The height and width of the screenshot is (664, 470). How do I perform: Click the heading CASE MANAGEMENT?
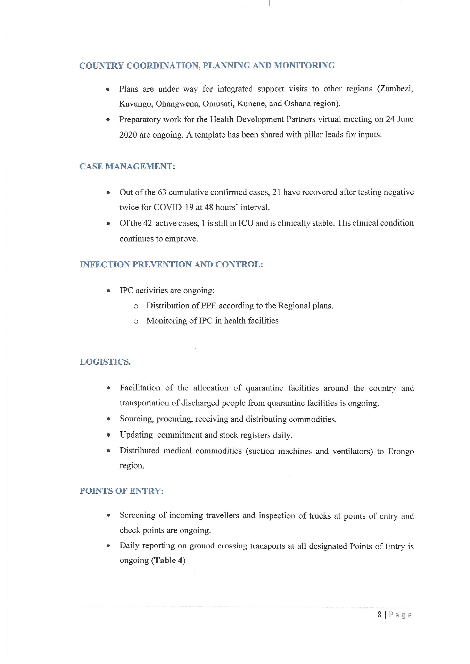click(127, 166)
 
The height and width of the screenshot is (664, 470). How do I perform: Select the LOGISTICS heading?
click(105, 362)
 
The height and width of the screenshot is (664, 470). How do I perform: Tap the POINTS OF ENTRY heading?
click(122, 491)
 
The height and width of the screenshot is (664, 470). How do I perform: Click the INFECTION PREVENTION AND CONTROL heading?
click(171, 264)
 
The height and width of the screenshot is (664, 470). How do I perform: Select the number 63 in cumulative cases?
click(161, 192)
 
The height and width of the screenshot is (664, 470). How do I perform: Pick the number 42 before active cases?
click(147, 223)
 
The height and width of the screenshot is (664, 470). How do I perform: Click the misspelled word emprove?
click(183, 239)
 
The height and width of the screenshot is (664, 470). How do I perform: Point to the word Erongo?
click(401, 451)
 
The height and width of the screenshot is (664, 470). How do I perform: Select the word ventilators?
click(352, 451)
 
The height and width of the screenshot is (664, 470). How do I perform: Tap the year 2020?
click(128, 135)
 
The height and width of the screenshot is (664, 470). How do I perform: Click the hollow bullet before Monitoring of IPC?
click(136, 321)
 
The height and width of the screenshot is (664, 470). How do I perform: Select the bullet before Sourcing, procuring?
click(108, 419)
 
